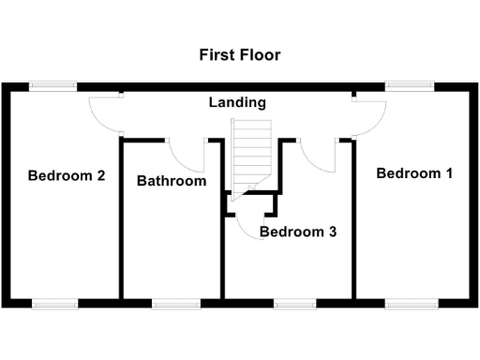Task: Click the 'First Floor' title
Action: [x=239, y=54]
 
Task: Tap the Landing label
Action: [x=237, y=102]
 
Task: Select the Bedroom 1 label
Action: [x=413, y=173]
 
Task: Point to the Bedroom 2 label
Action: [x=66, y=175]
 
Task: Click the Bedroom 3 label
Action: [x=298, y=232]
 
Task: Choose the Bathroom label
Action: [x=172, y=181]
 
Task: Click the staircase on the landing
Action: [x=250, y=155]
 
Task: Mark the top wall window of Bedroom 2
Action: [x=52, y=86]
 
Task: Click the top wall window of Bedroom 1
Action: [x=410, y=86]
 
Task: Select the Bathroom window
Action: [x=175, y=303]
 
